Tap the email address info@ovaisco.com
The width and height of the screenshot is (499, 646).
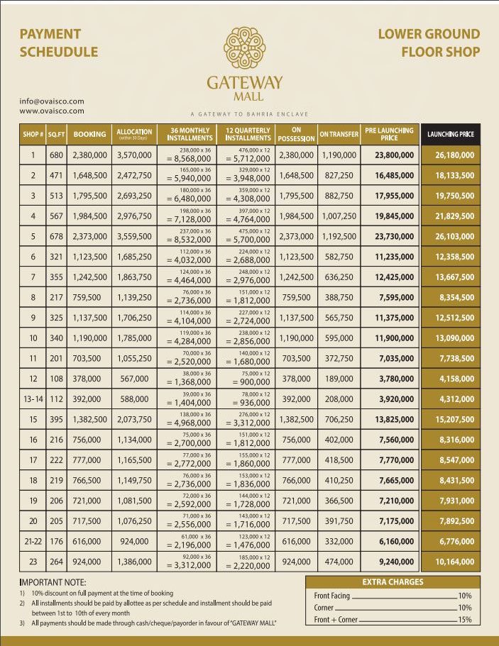click(52, 101)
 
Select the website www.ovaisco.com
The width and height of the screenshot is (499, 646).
click(52, 111)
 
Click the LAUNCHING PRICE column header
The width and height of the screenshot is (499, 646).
click(450, 134)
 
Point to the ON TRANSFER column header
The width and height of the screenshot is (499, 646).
click(339, 134)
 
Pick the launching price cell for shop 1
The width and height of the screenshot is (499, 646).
click(450, 155)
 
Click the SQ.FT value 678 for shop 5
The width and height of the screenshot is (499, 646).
click(57, 236)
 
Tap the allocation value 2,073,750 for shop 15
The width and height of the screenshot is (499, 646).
click(134, 420)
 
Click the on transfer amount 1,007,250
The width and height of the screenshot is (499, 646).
click(339, 216)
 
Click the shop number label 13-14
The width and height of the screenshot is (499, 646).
click(33, 399)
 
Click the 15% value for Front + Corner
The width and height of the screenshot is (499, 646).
click(465, 620)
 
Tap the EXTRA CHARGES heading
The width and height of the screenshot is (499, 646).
click(392, 582)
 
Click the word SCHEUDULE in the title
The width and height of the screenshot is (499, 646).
click(59, 52)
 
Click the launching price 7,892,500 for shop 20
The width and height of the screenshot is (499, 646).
click(450, 522)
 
